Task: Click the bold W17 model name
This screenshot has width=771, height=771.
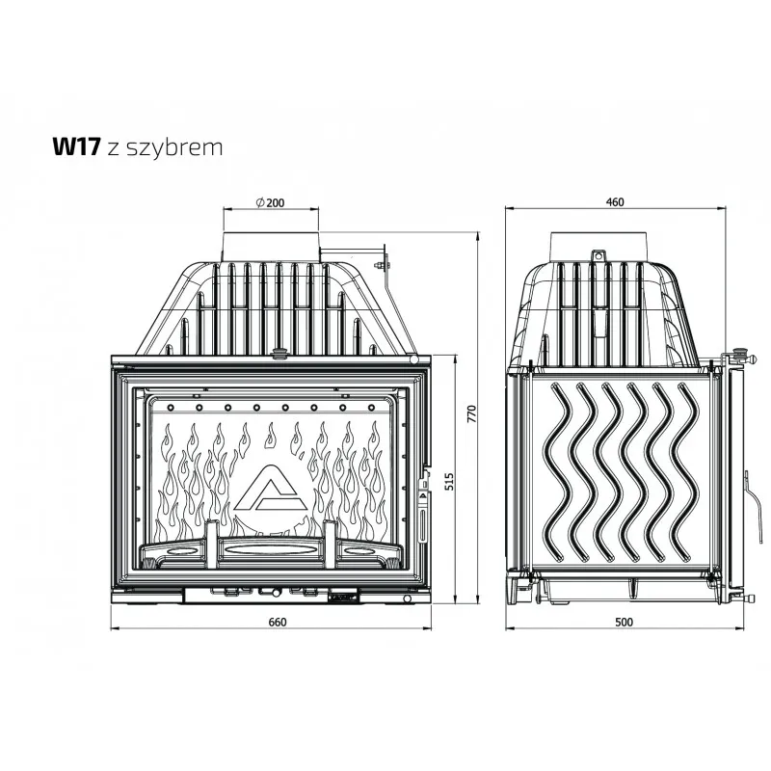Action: [77, 146]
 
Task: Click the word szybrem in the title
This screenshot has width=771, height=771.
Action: [174, 148]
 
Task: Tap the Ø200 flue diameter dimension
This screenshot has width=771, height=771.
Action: [270, 202]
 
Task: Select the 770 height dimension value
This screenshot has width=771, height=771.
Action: [471, 413]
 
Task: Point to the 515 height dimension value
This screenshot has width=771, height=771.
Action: [448, 481]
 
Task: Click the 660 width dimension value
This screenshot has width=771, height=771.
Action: [278, 622]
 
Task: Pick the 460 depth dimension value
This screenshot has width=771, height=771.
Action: [615, 202]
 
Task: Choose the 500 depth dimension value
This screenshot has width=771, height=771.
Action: [624, 622]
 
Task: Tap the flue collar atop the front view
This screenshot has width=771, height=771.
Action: [271, 246]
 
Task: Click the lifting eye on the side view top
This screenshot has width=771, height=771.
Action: [598, 255]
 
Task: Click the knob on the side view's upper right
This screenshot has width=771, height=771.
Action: [738, 354]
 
